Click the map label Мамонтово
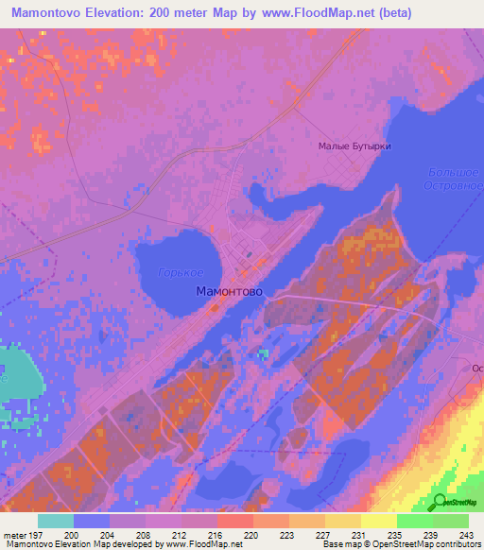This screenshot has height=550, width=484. coord(229,292)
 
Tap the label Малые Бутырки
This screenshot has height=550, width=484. coord(354,146)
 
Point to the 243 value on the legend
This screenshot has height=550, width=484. coord(468,534)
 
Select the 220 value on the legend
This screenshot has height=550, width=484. coord(251,534)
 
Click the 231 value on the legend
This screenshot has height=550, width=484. coord(359,534)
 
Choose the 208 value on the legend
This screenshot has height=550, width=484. coord(142,534)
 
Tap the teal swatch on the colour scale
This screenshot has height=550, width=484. coord(56,521)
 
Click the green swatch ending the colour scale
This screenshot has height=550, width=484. coord(451,521)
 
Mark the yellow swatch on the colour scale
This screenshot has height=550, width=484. coord(379,521)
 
